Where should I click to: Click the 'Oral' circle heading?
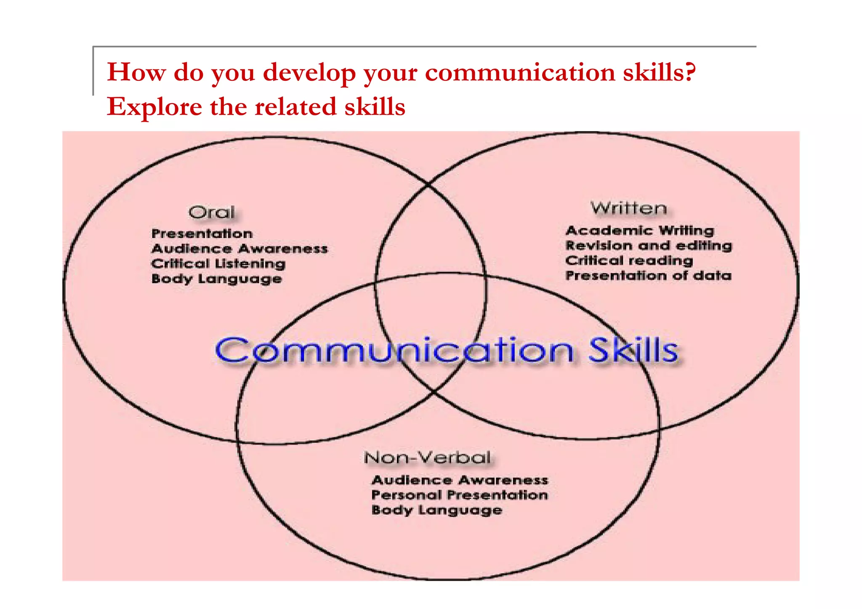pos(211,212)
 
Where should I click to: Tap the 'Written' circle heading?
pos(629,208)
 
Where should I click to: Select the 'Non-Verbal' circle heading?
pos(427,457)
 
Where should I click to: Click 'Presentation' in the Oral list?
pos(202,234)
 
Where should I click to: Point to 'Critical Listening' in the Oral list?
pos(218,264)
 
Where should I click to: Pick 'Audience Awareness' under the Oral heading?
pos(239,249)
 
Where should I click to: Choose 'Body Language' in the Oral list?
pos(217,279)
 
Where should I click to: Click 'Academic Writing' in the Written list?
pos(640,231)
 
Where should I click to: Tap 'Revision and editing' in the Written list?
pos(649,246)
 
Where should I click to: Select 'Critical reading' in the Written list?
pos(629,261)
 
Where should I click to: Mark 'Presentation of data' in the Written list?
pos(649,276)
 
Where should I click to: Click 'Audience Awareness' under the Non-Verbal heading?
pos(460,480)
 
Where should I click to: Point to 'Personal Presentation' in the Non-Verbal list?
pos(460,495)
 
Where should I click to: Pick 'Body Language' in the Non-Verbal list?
pos(437,510)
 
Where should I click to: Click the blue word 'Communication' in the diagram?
pos(394,350)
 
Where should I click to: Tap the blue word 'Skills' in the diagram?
pos(633,350)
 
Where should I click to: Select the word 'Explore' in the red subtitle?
pos(154,107)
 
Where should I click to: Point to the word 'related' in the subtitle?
pos(295,107)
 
